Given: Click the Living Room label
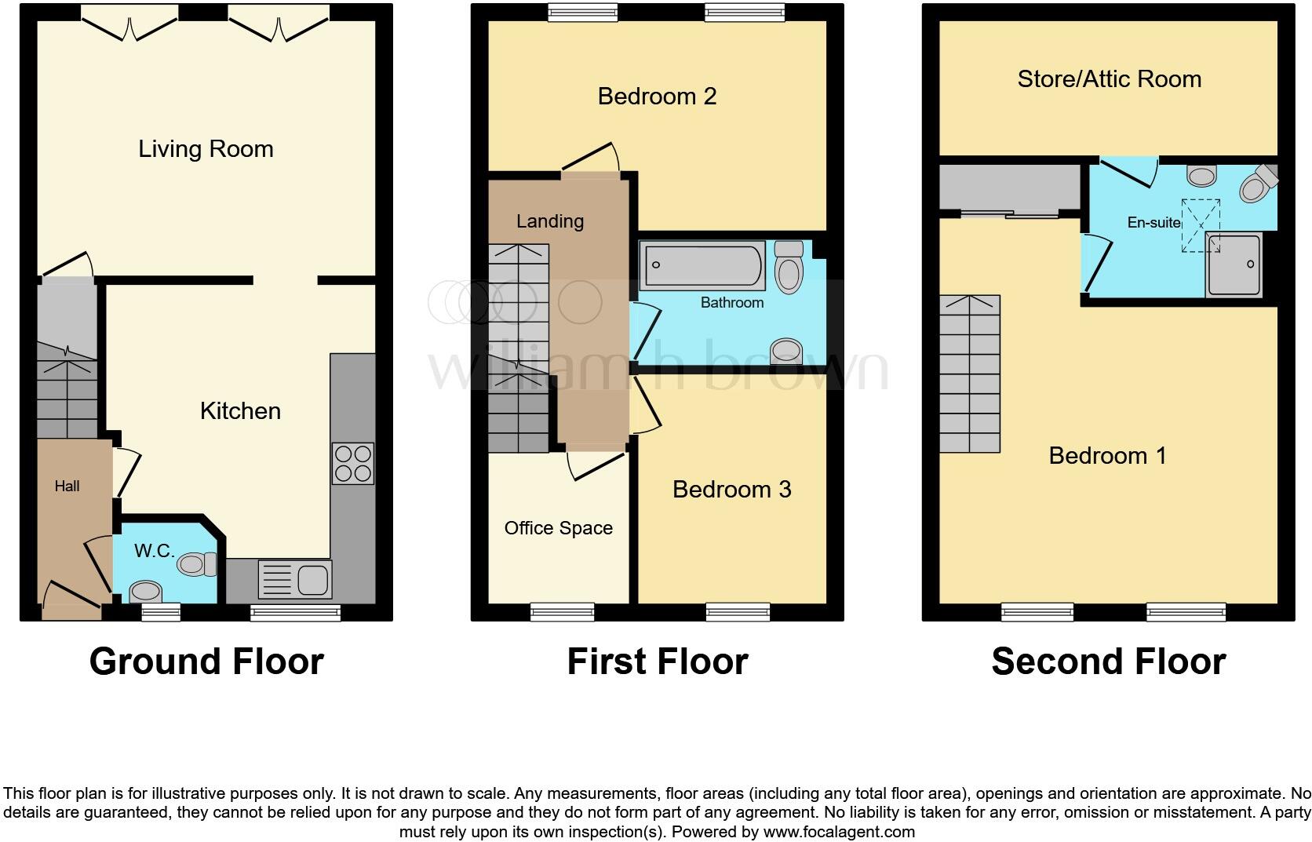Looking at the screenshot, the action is point(206,149).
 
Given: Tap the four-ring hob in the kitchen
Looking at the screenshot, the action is point(352,463).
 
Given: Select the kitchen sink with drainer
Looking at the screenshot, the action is point(294,579).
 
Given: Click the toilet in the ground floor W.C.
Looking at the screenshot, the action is point(197,564).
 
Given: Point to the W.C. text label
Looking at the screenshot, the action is point(154,550).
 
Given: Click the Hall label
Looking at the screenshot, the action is point(67,486).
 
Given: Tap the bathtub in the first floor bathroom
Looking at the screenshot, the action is point(702,265).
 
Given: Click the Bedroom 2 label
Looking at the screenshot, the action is point(657,96).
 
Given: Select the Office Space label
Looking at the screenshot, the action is point(558,528).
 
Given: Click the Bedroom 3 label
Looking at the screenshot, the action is point(731,490).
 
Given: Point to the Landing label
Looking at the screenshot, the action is point(550,221).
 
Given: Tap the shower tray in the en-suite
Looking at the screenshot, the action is point(1234,264).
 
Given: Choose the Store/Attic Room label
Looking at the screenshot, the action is point(1110,79).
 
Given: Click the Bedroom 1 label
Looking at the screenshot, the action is point(1107,456).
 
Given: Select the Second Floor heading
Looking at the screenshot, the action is point(1109,662).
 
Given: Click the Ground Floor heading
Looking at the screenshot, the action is point(206,662).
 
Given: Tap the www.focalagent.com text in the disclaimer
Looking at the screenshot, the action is point(839,832).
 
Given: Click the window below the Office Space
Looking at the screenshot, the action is point(563,612).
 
